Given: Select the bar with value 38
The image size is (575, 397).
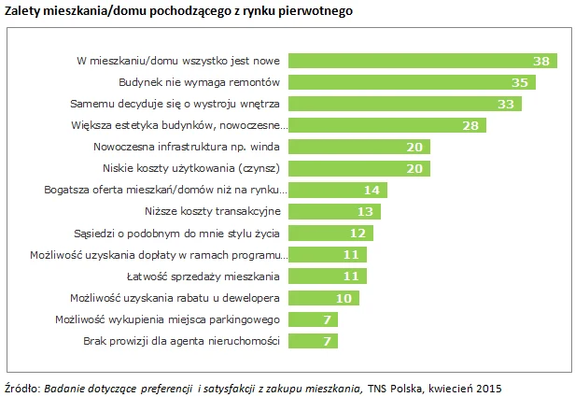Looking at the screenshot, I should [x=420, y=61].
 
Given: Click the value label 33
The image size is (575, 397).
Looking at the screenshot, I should [x=507, y=104].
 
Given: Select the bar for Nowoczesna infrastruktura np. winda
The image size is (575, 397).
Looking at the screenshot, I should [x=359, y=147].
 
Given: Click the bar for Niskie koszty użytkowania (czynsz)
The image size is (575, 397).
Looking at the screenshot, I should [x=359, y=168].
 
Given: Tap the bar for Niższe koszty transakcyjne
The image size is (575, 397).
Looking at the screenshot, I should [x=334, y=211].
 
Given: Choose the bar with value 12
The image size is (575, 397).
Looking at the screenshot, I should [x=330, y=233].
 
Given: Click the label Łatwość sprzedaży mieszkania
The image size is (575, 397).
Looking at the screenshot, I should [x=203, y=276].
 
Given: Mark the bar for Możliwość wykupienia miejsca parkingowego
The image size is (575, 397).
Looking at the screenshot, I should [x=313, y=319].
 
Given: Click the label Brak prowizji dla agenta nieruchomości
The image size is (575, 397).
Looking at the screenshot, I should [x=183, y=341].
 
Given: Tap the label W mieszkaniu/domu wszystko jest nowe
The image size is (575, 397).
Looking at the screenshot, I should [x=178, y=61].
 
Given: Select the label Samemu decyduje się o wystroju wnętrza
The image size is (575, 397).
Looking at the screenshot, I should [x=176, y=104].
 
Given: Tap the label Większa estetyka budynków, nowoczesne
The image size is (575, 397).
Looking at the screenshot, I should [x=176, y=125].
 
